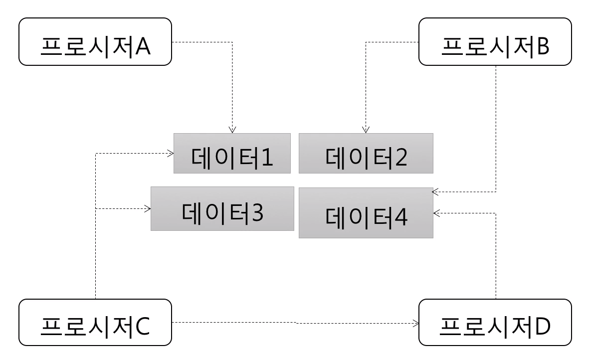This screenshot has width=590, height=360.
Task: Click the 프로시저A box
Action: click(x=95, y=42)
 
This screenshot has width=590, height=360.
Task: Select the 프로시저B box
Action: click(x=495, y=42)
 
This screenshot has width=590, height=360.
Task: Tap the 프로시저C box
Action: click(x=95, y=323)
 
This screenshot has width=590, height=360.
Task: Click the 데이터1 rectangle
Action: click(x=232, y=153)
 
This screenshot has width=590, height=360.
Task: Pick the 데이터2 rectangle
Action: click(x=366, y=153)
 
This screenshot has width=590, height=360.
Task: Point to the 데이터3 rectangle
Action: click(x=222, y=208)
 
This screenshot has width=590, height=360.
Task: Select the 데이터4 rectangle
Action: click(x=366, y=213)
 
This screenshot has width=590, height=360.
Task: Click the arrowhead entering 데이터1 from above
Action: click(x=232, y=130)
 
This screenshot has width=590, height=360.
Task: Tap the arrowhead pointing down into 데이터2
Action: click(x=366, y=130)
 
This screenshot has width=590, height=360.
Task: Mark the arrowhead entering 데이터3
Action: click(x=148, y=209)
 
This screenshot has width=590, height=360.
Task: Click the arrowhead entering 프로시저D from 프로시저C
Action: click(x=416, y=323)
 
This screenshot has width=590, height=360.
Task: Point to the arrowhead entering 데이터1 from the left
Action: click(x=171, y=153)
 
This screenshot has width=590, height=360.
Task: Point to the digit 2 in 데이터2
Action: click(x=399, y=158)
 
